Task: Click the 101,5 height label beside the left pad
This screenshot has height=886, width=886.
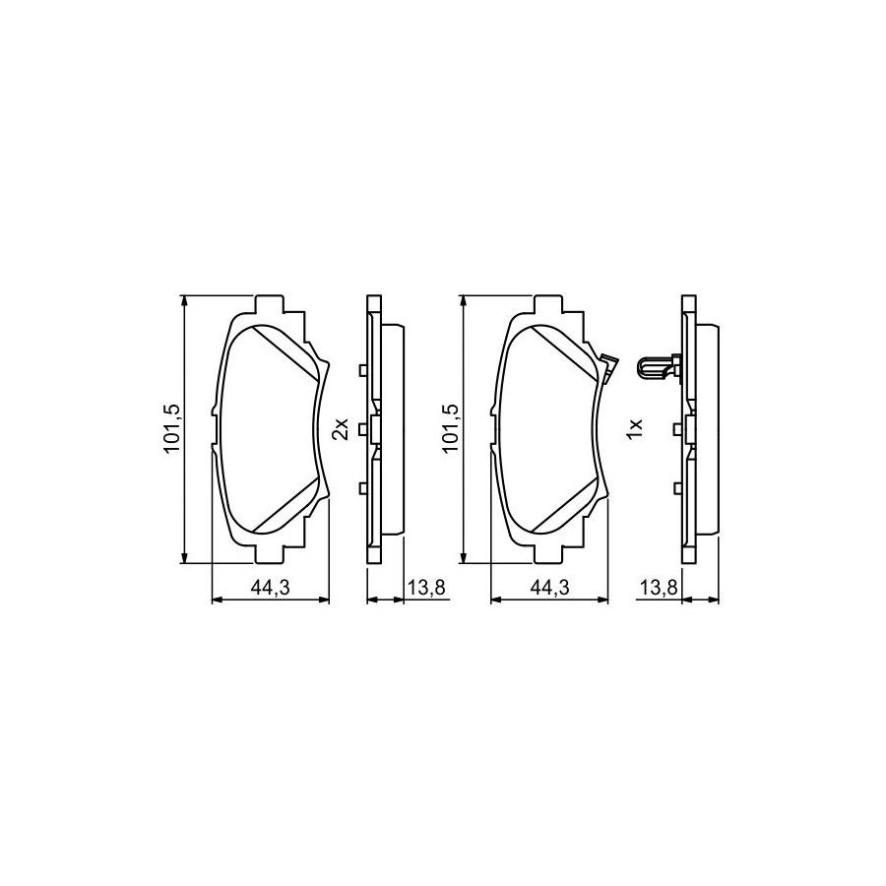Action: click(x=171, y=429)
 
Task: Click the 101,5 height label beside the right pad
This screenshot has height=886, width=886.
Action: click(x=451, y=429)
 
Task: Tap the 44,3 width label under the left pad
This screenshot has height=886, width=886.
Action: click(x=270, y=588)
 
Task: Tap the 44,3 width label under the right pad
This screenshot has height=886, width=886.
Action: click(x=549, y=588)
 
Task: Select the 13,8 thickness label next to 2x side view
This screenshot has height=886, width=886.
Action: click(x=426, y=588)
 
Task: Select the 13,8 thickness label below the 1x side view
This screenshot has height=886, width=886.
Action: click(x=659, y=588)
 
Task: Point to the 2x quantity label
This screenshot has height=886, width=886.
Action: click(x=342, y=429)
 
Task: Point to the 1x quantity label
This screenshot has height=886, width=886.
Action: click(x=635, y=429)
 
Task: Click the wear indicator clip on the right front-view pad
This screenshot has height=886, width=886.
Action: click(x=608, y=367)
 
